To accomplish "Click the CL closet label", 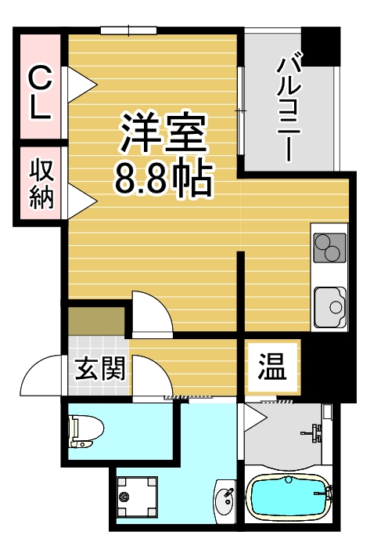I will pyautogui.click(x=40, y=92).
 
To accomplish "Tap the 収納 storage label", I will pyautogui.click(x=41, y=183).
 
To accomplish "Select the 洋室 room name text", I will pyautogui.click(x=163, y=132).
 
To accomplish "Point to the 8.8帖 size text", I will pyautogui.click(x=163, y=178).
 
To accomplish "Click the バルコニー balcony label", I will pyautogui.click(x=290, y=104).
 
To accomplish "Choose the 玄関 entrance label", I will pyautogui.click(x=100, y=367).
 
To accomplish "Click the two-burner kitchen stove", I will pyautogui.click(x=329, y=248).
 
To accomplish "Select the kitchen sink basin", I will pyautogui.click(x=329, y=305).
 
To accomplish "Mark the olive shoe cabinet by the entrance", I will pyautogui.click(x=96, y=321).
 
